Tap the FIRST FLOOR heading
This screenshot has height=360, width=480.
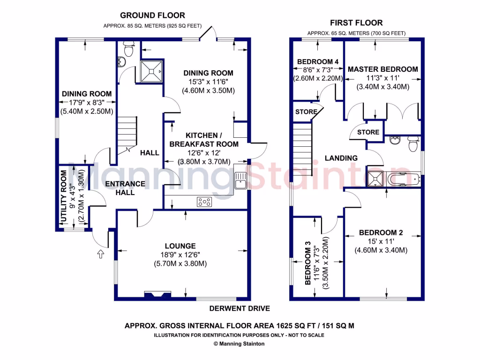[356, 22]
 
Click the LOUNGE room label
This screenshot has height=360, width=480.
[180, 246]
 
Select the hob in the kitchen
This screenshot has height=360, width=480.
[204, 202]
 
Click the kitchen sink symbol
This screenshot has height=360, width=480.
[241, 180]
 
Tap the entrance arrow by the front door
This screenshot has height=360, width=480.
[100, 254]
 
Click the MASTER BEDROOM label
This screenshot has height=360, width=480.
[382, 69]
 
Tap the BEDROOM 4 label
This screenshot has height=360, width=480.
[318, 62]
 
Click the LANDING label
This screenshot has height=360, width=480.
[341, 158]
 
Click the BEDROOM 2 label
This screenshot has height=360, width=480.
[381, 232]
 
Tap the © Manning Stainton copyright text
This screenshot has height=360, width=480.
[239, 344]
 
